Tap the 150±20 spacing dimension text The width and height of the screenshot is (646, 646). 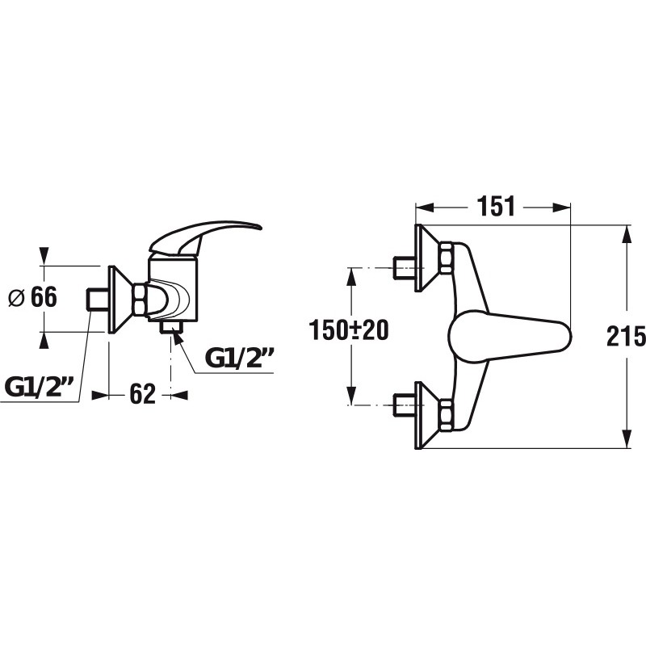(x=349, y=330)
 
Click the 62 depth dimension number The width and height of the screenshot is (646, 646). (x=143, y=394)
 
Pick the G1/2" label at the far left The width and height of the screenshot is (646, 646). (x=39, y=387)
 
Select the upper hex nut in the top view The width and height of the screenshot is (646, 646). (x=447, y=258)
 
